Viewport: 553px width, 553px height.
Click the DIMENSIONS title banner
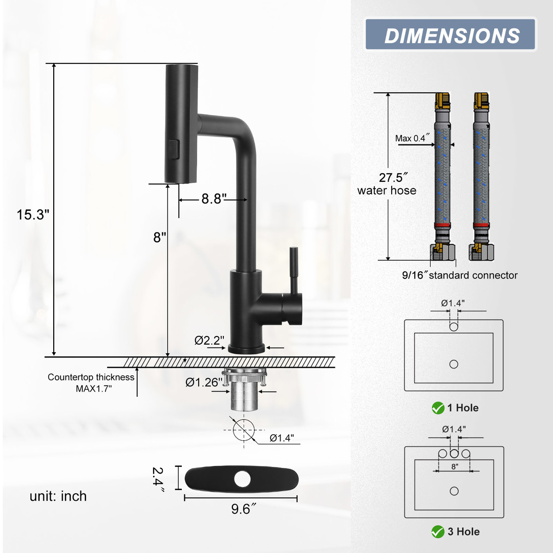tap(451, 35)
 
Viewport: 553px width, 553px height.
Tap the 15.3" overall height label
tap(33, 215)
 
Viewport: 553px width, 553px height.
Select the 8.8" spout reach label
tap(214, 199)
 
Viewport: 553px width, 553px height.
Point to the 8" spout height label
tap(159, 238)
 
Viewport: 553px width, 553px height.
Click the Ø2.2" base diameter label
tap(209, 341)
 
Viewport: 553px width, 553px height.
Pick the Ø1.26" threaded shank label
tap(204, 382)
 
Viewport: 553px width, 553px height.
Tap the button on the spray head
tap(174, 150)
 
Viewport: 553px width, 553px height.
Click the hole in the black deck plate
tap(242, 479)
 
